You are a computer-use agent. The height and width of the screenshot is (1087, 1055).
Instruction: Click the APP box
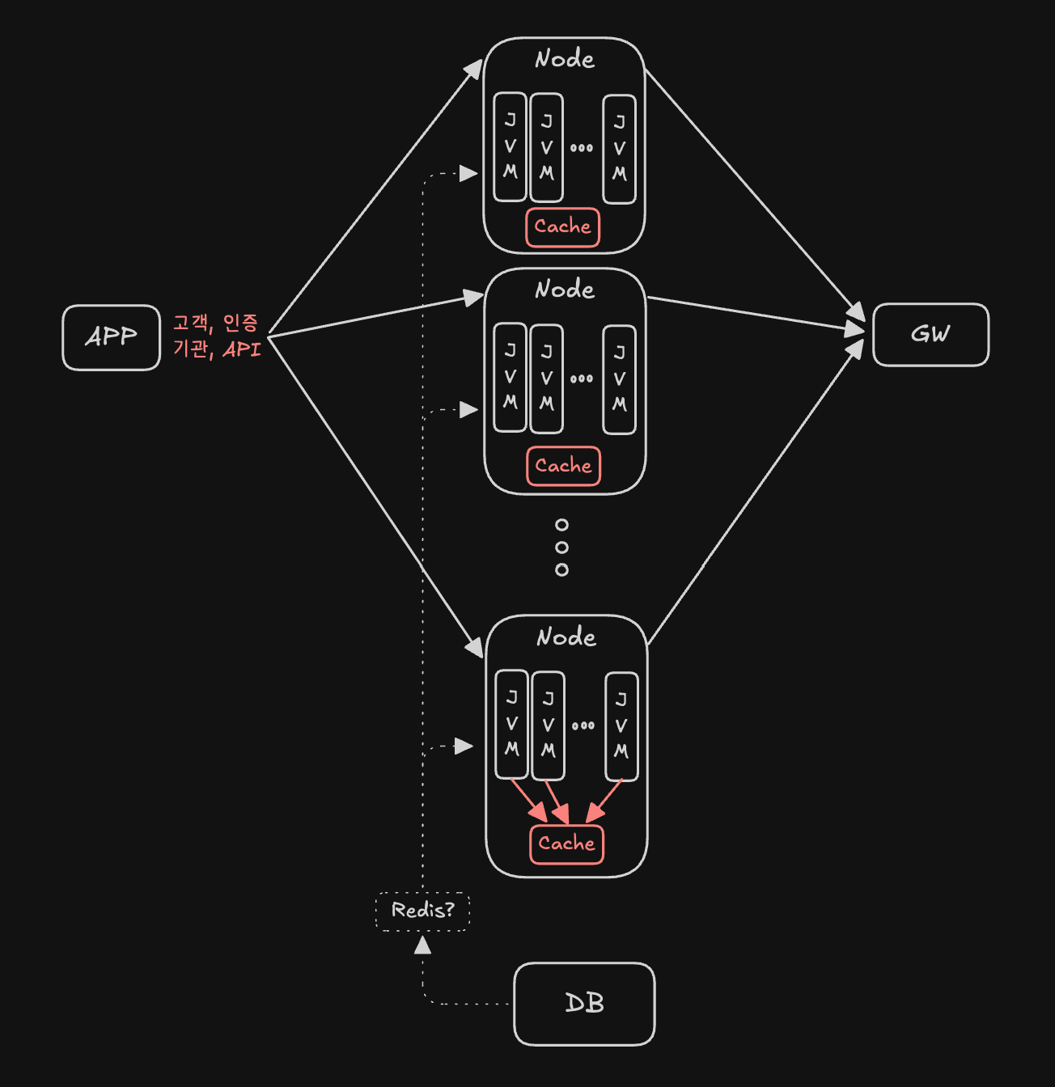[112, 337]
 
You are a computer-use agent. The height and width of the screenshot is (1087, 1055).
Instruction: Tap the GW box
[930, 335]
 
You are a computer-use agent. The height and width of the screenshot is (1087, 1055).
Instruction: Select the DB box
[584, 1004]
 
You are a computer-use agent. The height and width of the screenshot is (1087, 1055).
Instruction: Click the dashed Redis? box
[422, 911]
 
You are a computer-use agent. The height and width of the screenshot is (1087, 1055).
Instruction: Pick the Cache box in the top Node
[562, 227]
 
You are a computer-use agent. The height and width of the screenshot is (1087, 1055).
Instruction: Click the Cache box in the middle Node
[563, 466]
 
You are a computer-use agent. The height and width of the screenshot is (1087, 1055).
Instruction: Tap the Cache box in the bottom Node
[566, 844]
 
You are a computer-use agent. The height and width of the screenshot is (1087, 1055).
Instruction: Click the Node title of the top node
[565, 59]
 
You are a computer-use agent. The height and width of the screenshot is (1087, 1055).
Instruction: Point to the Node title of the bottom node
[566, 637]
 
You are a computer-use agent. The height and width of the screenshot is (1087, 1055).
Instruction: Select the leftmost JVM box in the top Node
[510, 146]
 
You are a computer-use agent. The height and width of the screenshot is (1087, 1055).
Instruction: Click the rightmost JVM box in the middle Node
[620, 379]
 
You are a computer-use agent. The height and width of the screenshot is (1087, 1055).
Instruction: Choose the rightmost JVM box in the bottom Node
[621, 726]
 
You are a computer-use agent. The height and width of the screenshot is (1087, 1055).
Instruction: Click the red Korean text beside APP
[217, 336]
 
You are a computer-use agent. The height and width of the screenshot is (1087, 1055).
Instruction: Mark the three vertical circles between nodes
[561, 548]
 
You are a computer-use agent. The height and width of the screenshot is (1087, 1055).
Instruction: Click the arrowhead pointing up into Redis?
[422, 945]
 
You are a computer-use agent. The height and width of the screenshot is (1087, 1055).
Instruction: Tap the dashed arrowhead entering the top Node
[468, 173]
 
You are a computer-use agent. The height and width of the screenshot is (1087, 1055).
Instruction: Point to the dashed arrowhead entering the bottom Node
[464, 746]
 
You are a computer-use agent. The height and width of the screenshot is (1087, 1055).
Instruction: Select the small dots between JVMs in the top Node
[582, 148]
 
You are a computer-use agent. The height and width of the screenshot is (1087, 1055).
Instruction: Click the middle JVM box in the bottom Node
[549, 725]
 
